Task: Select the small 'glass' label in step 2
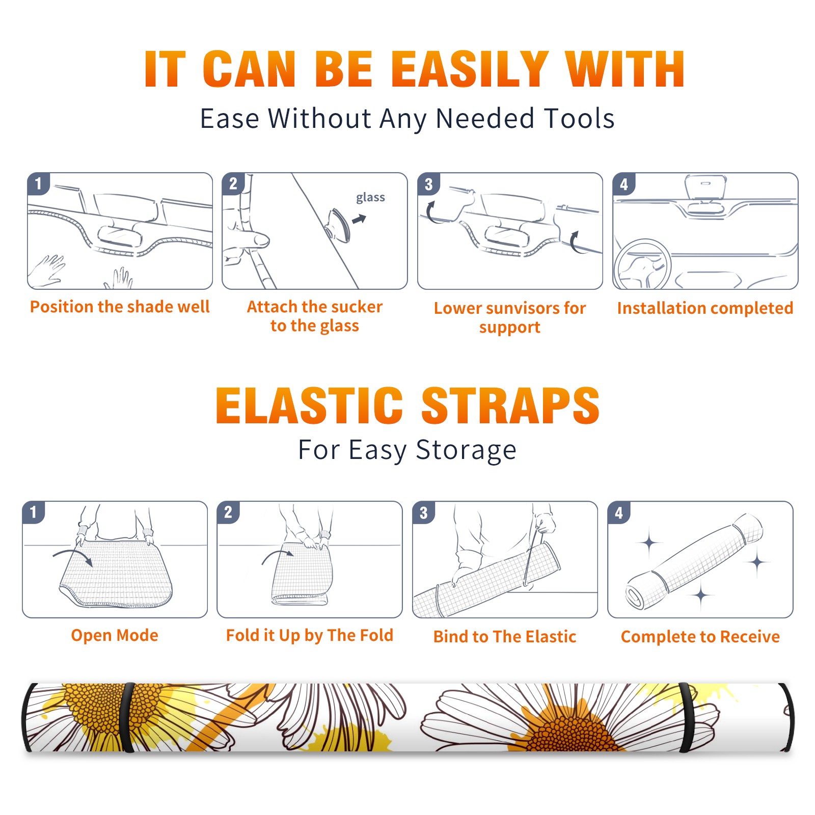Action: click(x=370, y=198)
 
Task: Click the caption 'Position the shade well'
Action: click(x=120, y=307)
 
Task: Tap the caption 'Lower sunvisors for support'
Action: click(x=510, y=317)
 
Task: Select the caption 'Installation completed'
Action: click(x=705, y=308)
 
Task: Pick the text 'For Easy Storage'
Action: click(x=407, y=450)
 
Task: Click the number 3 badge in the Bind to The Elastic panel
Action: click(x=424, y=512)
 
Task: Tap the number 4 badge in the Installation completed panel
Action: click(x=624, y=184)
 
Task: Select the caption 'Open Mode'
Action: click(x=115, y=635)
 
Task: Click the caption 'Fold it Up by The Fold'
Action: click(x=310, y=635)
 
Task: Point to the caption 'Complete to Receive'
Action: click(x=700, y=637)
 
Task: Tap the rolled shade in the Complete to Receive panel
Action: click(x=695, y=562)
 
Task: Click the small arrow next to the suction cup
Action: click(x=359, y=219)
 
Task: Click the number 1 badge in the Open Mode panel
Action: click(x=34, y=512)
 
